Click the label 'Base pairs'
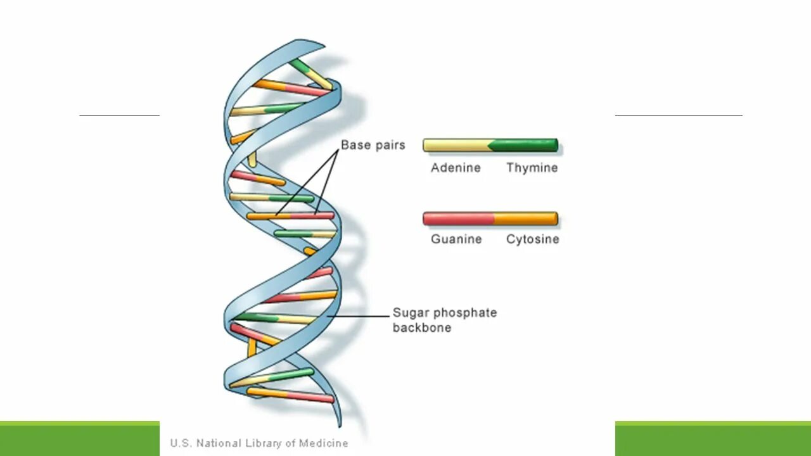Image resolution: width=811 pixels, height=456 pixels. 373,145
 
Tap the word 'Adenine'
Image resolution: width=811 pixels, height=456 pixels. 456,168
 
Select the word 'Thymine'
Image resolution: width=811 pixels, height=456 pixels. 532,168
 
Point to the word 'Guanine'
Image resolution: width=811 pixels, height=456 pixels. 456,239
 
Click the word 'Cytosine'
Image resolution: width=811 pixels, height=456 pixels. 532,239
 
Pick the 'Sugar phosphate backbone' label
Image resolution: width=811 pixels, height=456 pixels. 444,320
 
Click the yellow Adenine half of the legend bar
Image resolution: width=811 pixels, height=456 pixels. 455,145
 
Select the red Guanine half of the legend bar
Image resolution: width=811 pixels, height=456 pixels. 457,219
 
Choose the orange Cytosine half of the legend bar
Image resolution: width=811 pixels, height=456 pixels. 526,219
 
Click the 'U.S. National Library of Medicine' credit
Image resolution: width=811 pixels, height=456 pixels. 259,443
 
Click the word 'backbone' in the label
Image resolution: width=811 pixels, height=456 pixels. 421,328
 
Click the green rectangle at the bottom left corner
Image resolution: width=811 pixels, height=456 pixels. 79,439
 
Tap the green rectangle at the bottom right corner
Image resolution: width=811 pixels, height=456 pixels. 713,439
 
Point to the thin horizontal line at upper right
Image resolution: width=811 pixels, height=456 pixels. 678,115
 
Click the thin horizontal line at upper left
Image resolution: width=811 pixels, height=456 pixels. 119,115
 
